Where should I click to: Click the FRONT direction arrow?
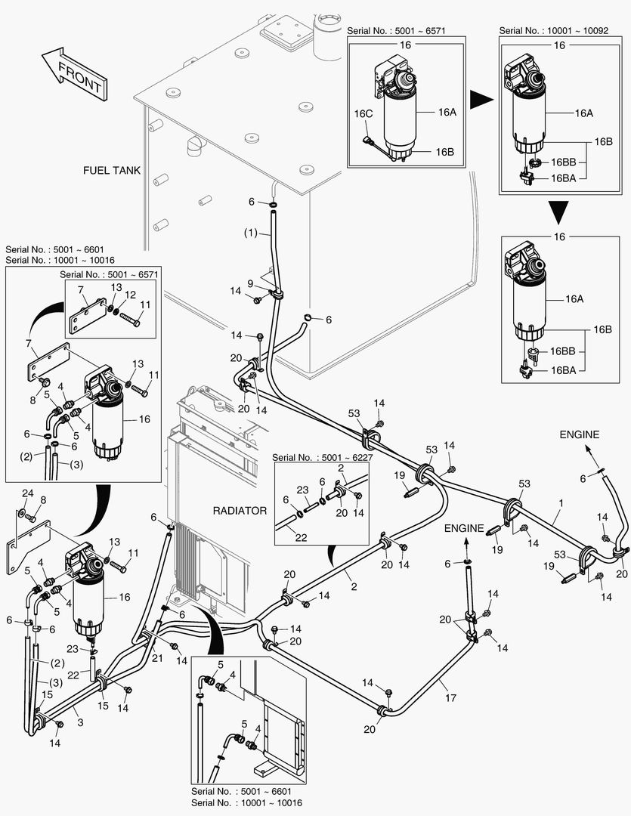tap(74, 74)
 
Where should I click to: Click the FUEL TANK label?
tap(111, 170)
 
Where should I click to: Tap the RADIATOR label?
tap(240, 511)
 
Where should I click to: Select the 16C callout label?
tap(363, 113)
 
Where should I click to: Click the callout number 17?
tap(450, 697)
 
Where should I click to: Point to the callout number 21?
tap(157, 658)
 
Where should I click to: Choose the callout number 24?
tap(28, 493)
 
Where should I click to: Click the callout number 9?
tap(250, 283)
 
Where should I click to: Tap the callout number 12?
tap(130, 295)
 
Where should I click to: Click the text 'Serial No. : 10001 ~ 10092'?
tap(553, 31)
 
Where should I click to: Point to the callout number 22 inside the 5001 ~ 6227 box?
tap(301, 538)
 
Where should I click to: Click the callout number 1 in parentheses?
tap(251, 233)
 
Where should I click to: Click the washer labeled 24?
tap(21, 513)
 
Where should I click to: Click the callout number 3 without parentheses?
tap(80, 722)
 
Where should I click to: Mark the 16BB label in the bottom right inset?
tap(562, 351)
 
